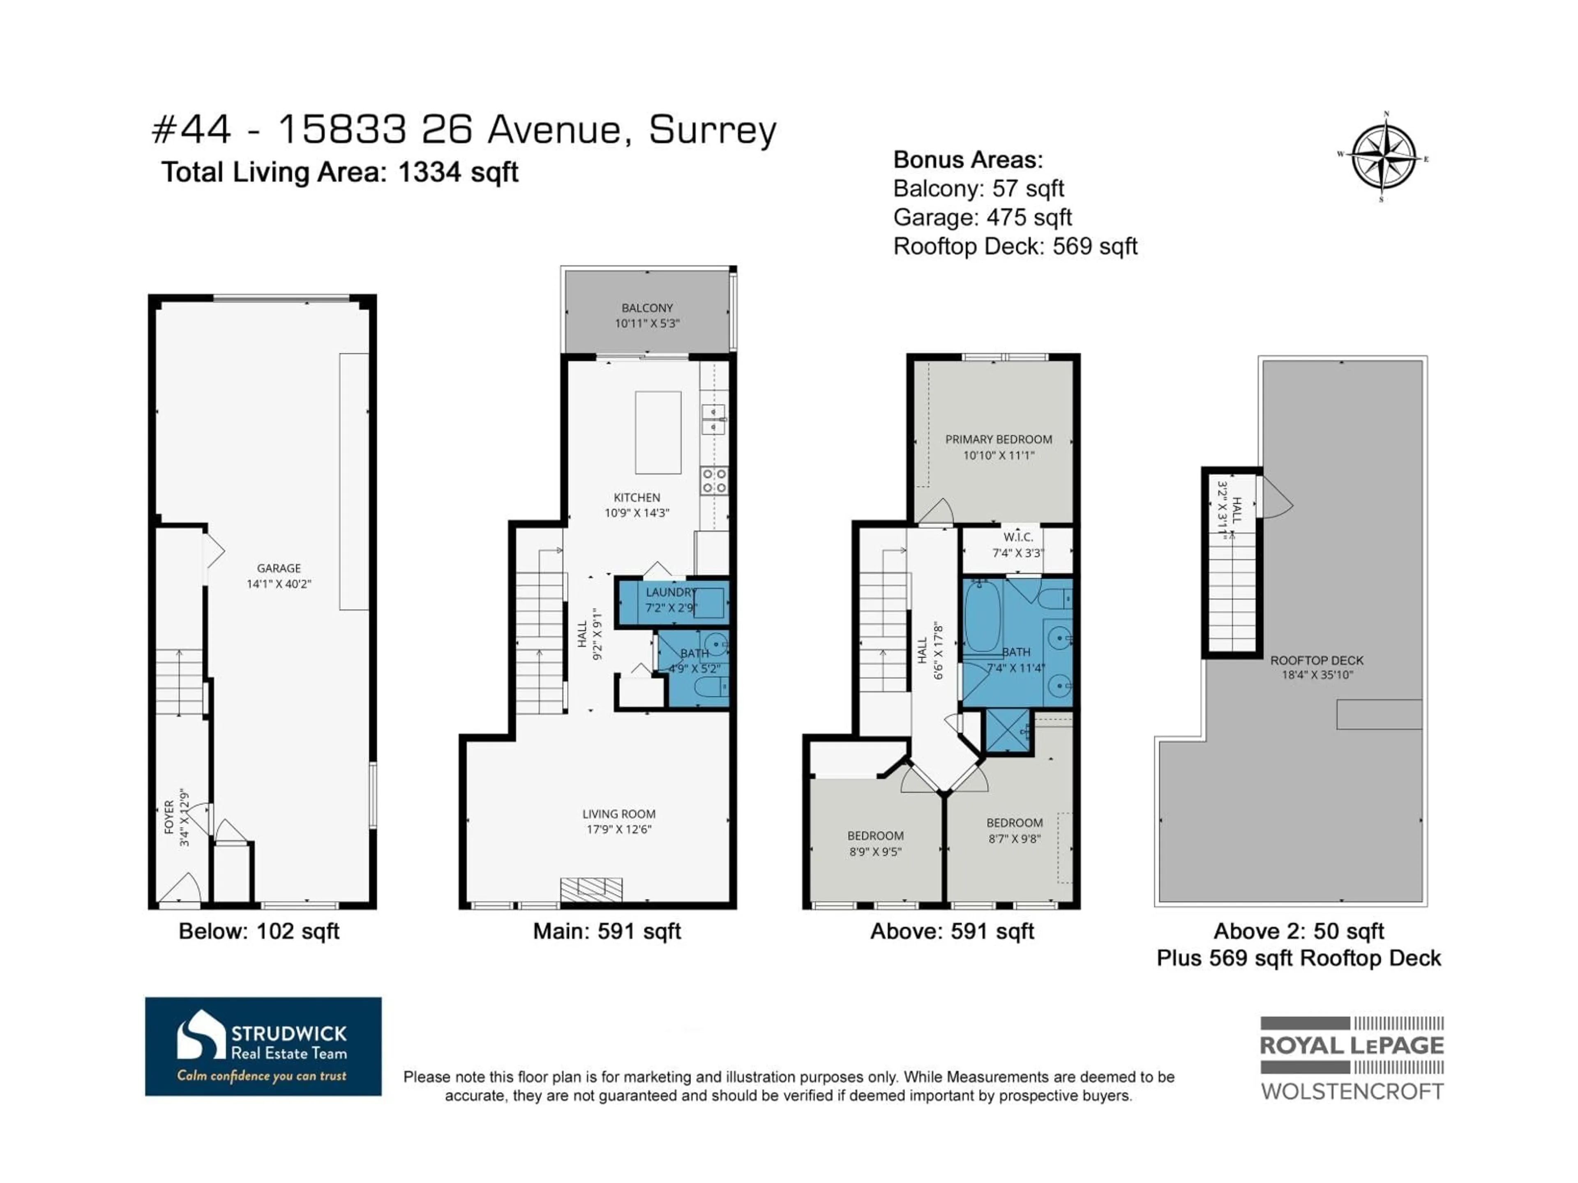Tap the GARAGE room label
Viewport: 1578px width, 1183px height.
[279, 568]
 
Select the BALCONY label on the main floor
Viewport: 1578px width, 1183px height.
[647, 308]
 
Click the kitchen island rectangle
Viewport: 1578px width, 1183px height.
[658, 432]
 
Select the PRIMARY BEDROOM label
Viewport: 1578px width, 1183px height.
[998, 439]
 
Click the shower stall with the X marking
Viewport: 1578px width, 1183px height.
[1006, 730]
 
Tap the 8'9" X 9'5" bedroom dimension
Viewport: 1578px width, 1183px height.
[875, 852]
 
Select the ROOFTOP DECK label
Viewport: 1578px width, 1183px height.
[1316, 661]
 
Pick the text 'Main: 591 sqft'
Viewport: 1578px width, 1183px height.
[607, 931]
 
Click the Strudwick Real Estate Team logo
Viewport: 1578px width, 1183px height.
[263, 1046]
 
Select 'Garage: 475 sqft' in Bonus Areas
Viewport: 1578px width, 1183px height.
[982, 217]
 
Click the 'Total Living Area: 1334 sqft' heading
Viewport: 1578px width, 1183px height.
[339, 173]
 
